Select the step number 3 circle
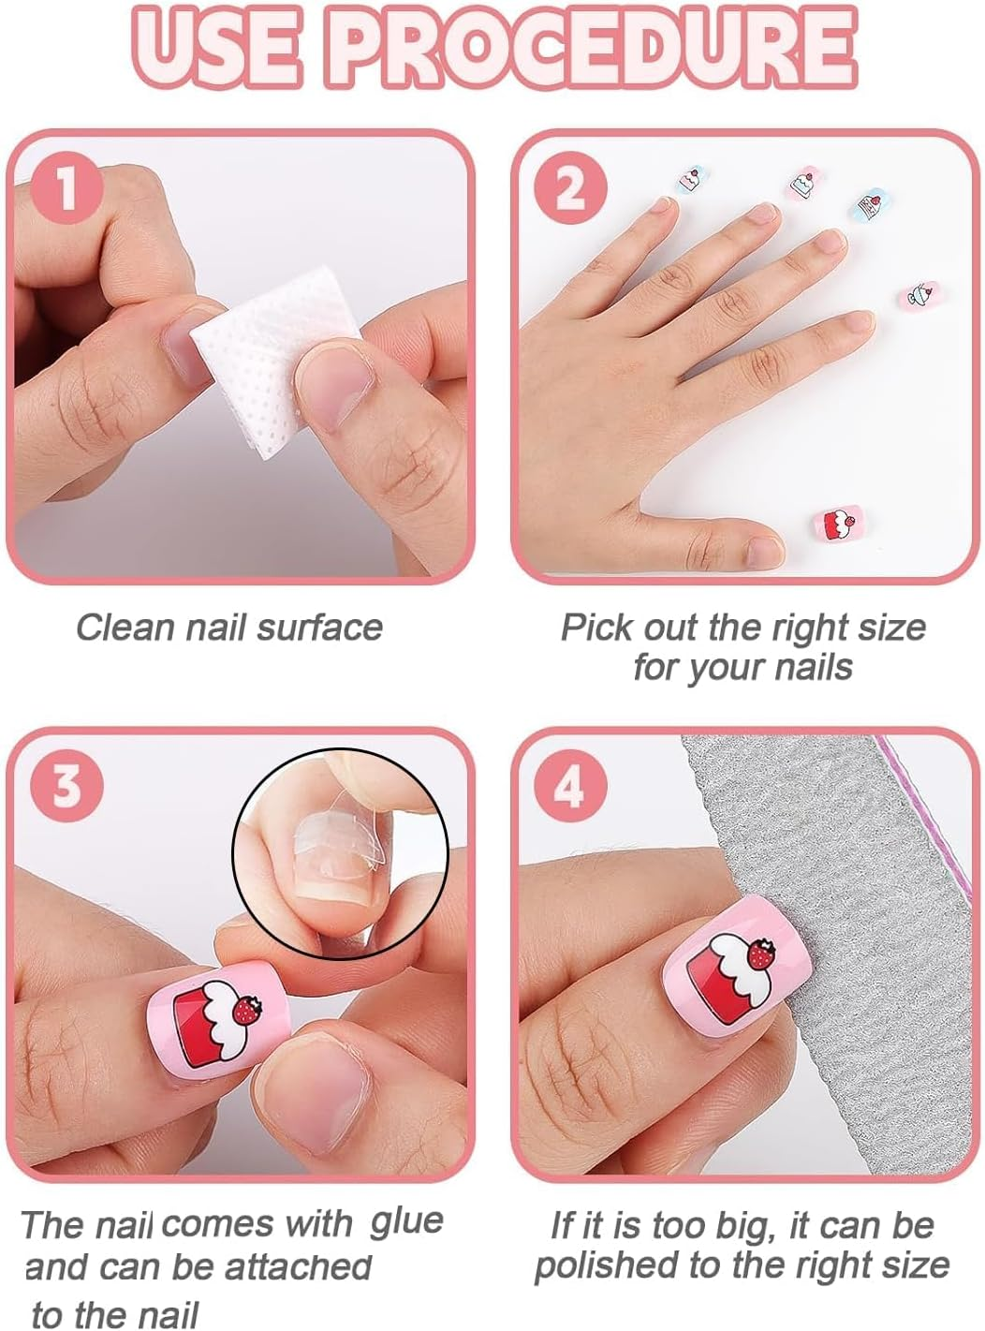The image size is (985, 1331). [66, 787]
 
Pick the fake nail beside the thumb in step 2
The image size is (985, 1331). [841, 525]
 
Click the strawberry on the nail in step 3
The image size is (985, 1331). [248, 1010]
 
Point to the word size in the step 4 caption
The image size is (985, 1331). [905, 1265]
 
